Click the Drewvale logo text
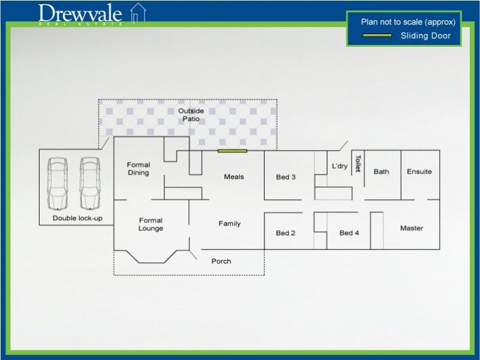click(x=80, y=13)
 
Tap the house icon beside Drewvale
click(x=139, y=13)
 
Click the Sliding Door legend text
click(x=425, y=36)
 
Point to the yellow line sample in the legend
click(x=377, y=36)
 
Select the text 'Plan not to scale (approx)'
click(x=408, y=22)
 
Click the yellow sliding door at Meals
click(x=233, y=151)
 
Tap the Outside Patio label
click(x=191, y=115)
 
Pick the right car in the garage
click(x=89, y=181)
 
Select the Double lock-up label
click(x=77, y=218)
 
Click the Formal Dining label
click(x=139, y=169)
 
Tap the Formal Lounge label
click(x=151, y=224)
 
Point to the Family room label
click(x=229, y=224)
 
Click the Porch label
click(x=221, y=261)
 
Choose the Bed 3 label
click(x=286, y=177)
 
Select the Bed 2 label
click(x=286, y=233)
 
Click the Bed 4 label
click(x=349, y=233)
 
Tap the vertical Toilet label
click(x=358, y=164)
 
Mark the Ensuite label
click(x=419, y=172)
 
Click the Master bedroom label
click(x=412, y=228)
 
